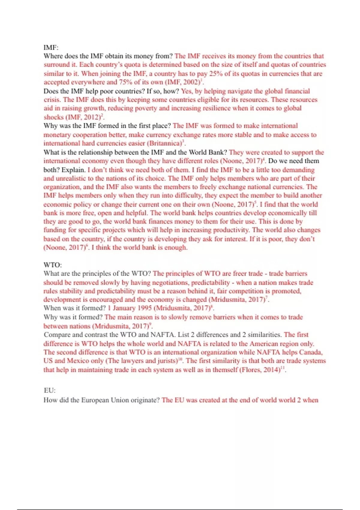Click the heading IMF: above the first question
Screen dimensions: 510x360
click(51, 47)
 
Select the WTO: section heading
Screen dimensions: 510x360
click(52, 265)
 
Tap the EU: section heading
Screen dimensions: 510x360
click(49, 390)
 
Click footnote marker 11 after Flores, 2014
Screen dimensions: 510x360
click(283, 367)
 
